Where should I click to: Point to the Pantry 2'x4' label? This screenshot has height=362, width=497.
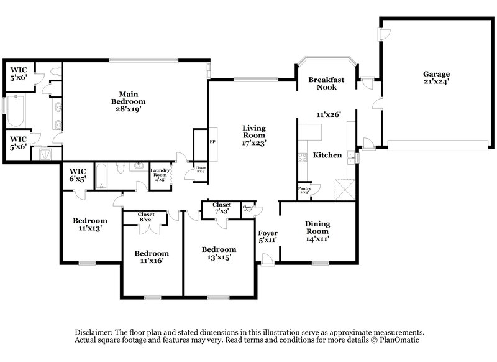304,190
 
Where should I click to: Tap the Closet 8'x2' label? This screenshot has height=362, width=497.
145,216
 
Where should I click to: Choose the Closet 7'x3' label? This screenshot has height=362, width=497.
221,208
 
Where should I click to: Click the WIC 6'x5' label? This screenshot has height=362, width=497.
78,175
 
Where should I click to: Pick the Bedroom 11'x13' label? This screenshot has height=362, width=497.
89,224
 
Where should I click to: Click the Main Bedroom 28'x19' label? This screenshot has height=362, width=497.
129,101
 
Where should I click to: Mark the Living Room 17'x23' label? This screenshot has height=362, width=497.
254,135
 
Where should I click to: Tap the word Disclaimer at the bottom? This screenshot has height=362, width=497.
95,333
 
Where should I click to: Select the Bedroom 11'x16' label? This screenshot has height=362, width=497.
152,258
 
